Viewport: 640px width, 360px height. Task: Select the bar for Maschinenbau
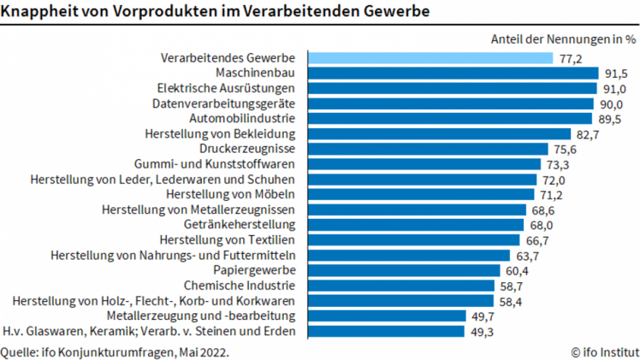point(453,74)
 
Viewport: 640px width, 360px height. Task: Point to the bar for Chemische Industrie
point(401,286)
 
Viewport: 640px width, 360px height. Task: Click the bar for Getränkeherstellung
point(416,225)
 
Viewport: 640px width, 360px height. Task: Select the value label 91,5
point(616,74)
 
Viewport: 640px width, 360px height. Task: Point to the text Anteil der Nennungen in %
point(564,38)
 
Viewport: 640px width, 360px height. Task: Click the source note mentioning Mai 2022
point(116,351)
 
